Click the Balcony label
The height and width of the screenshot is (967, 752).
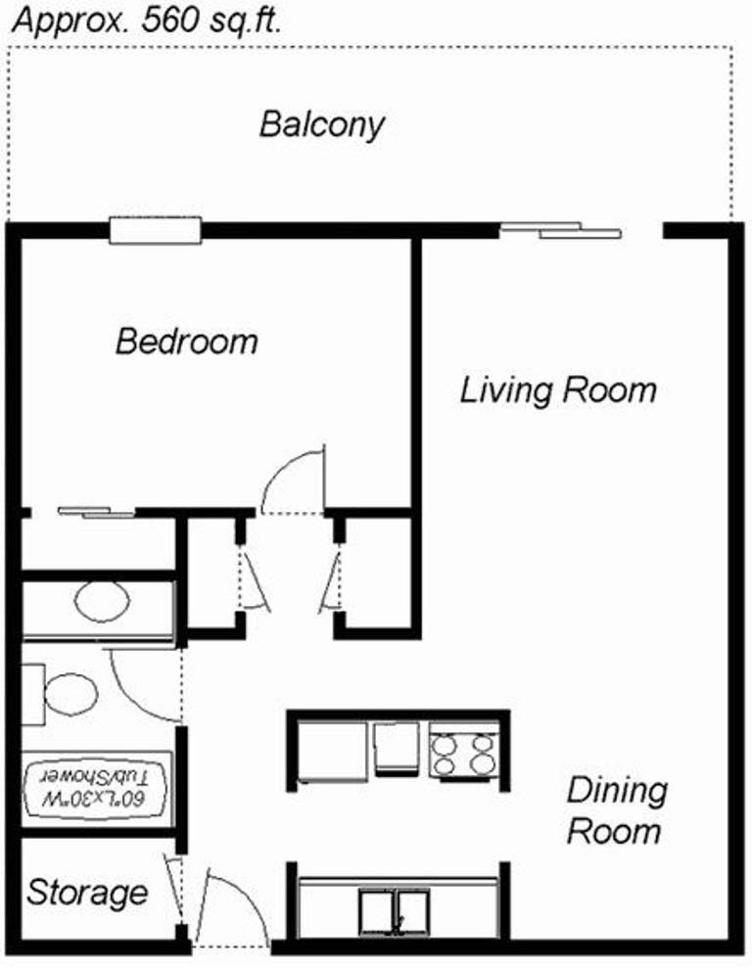pos(322,125)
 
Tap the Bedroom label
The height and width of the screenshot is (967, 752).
pos(187,341)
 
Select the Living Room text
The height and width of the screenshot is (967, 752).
pos(558,391)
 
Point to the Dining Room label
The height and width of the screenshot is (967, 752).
pos(616,810)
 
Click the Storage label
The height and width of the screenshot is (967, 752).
pos(87,894)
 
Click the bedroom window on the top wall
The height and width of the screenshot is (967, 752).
pos(156,231)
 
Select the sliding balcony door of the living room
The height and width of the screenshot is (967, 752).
pos(560,230)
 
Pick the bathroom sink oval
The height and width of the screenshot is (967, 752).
pos(102,601)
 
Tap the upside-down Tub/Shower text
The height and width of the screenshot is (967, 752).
pos(95,786)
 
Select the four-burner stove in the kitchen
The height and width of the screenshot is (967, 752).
pos(464,753)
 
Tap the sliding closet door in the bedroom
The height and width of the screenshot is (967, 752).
pos(96,512)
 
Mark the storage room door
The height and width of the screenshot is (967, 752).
pos(173,889)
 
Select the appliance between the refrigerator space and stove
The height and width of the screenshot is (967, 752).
pos(398,749)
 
